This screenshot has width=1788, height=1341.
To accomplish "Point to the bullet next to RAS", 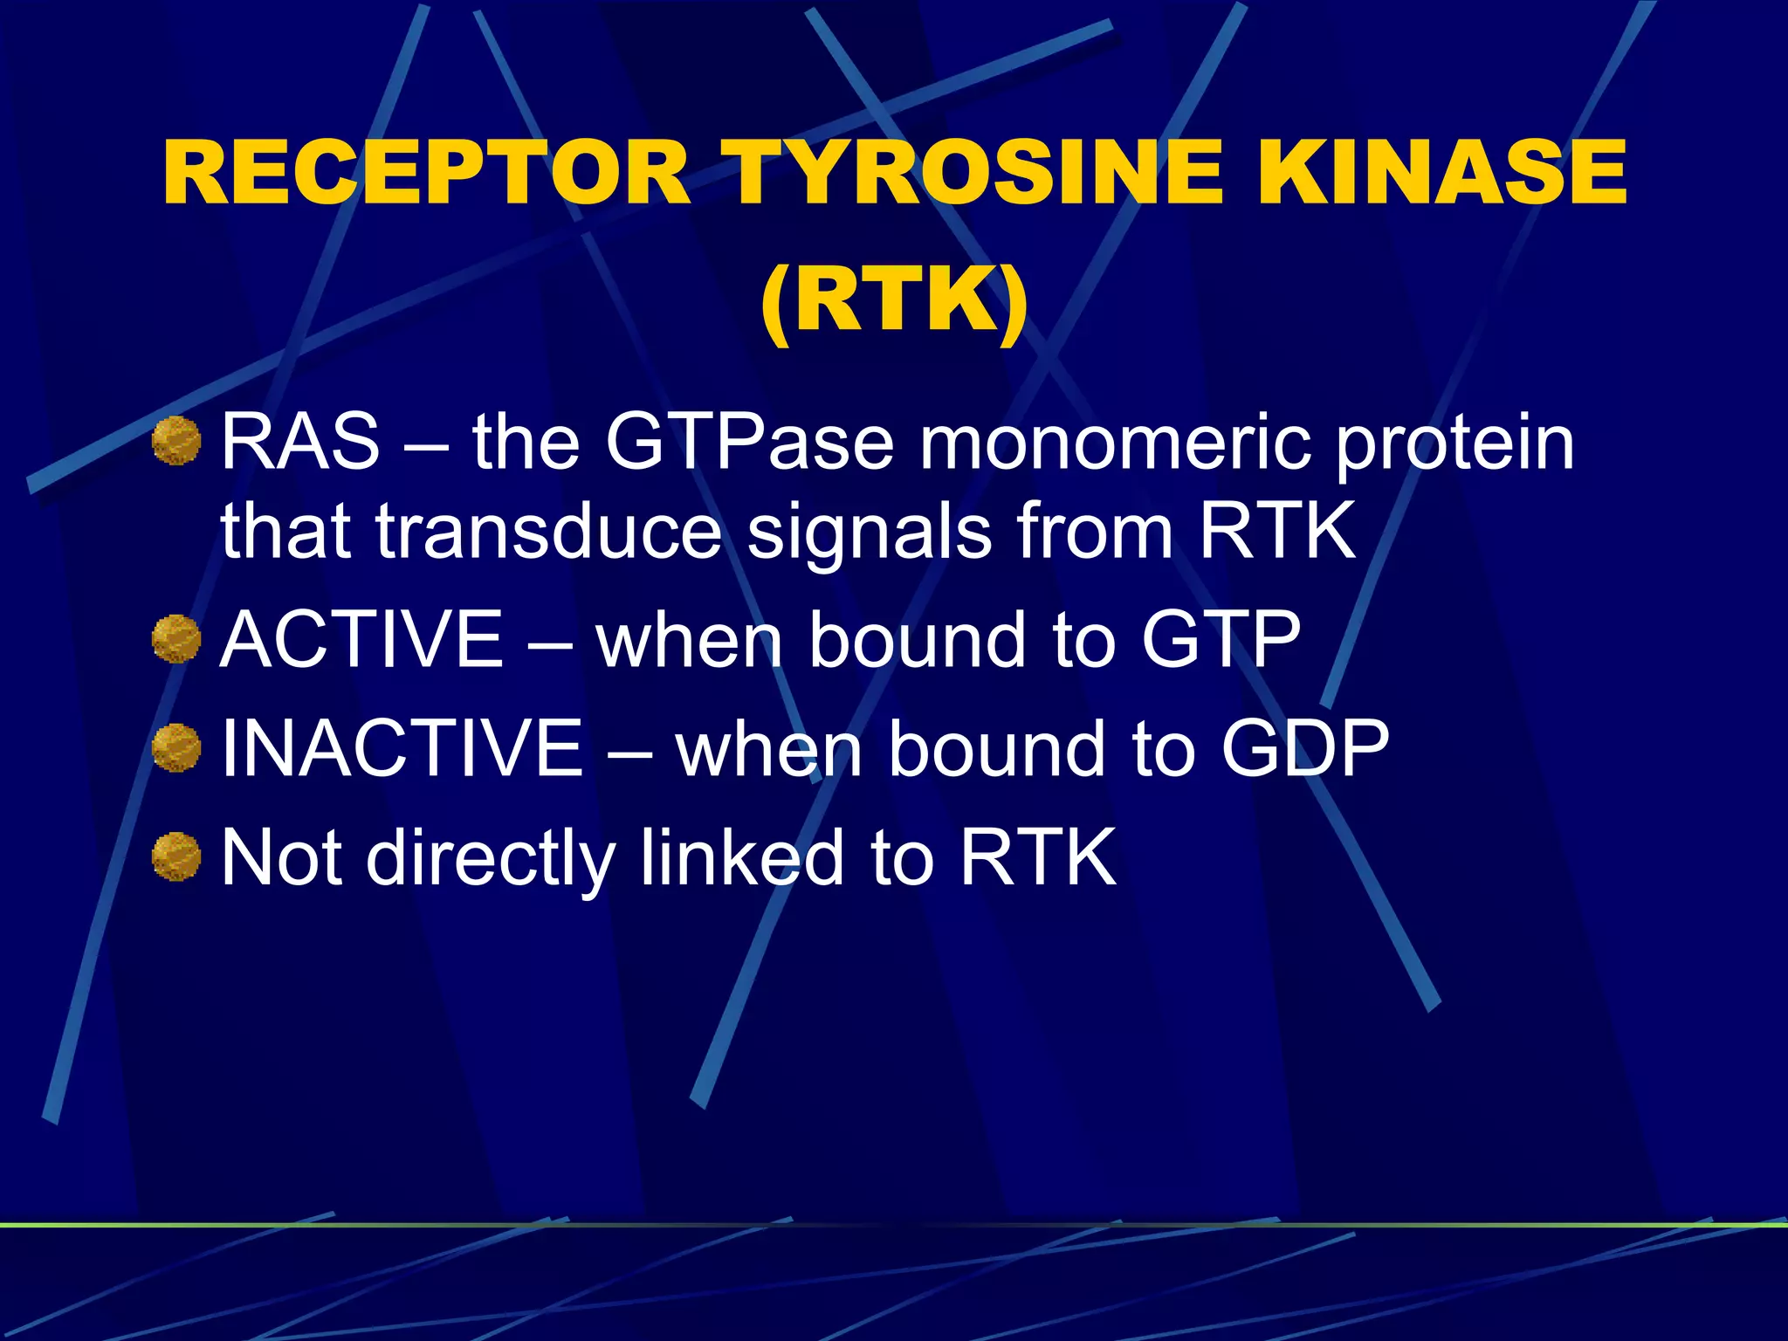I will (176, 441).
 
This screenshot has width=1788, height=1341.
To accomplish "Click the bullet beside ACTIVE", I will (176, 639).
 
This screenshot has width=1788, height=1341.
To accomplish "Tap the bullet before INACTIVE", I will (176, 748).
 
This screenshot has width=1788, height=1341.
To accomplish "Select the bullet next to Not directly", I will (176, 856).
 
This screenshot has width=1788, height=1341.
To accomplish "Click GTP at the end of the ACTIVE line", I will (1221, 639).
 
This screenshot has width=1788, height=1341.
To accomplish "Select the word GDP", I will (1304, 748).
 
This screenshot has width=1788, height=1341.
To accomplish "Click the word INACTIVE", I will (402, 748).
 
